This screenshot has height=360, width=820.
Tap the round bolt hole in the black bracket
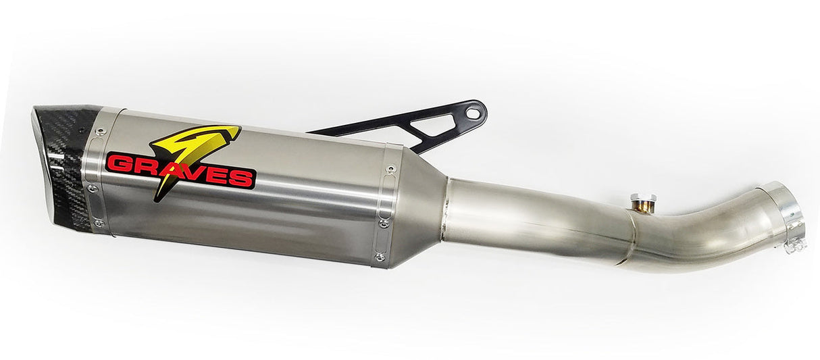[474, 112]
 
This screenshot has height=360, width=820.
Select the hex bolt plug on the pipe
[643, 201]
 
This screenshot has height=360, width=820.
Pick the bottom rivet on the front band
[99, 222]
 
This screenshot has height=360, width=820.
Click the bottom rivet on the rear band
[380, 257]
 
